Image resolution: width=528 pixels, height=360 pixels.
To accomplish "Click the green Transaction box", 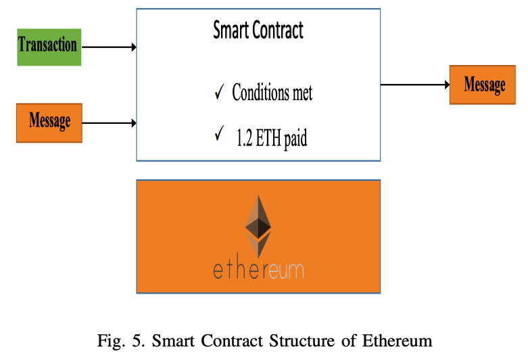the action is click(49, 47).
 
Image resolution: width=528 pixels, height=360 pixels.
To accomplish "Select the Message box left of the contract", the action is click(49, 123).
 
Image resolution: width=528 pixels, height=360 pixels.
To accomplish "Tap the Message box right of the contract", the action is click(483, 85).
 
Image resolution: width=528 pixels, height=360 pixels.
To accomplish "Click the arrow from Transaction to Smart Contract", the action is click(109, 47).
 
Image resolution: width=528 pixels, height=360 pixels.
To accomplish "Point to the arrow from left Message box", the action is click(109, 123).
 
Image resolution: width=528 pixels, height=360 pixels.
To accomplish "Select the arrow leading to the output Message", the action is click(415, 85).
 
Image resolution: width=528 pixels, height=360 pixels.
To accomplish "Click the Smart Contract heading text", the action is click(258, 30).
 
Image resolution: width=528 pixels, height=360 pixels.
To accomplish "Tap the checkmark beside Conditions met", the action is click(219, 91).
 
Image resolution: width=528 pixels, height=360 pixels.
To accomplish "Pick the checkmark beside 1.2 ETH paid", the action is click(219, 133).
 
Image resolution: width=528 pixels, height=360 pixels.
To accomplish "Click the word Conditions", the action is click(261, 92).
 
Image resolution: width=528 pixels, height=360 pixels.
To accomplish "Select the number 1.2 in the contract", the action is click(245, 138).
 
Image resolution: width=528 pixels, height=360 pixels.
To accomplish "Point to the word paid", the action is click(295, 139).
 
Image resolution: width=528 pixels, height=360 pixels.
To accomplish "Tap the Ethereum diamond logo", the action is click(258, 227).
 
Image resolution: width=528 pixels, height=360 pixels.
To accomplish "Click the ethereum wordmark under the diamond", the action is click(259, 269).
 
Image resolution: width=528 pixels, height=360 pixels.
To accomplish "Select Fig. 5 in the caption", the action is click(121, 341).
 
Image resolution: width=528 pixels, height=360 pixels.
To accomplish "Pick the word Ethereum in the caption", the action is click(398, 341).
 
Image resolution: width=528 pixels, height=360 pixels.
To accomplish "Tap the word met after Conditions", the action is click(302, 93).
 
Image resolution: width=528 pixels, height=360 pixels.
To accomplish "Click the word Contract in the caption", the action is click(232, 341).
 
